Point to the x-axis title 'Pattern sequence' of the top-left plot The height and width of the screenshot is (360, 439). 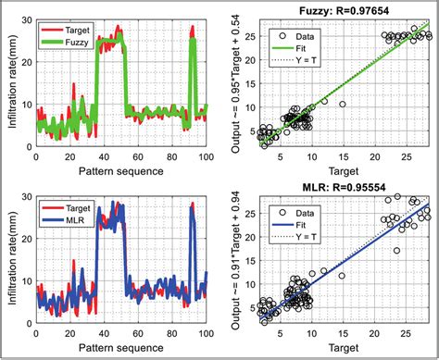[120, 170]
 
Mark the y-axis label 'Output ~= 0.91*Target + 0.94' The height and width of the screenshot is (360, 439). [237, 262]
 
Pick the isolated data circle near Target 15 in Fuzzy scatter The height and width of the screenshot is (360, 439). [342, 105]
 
